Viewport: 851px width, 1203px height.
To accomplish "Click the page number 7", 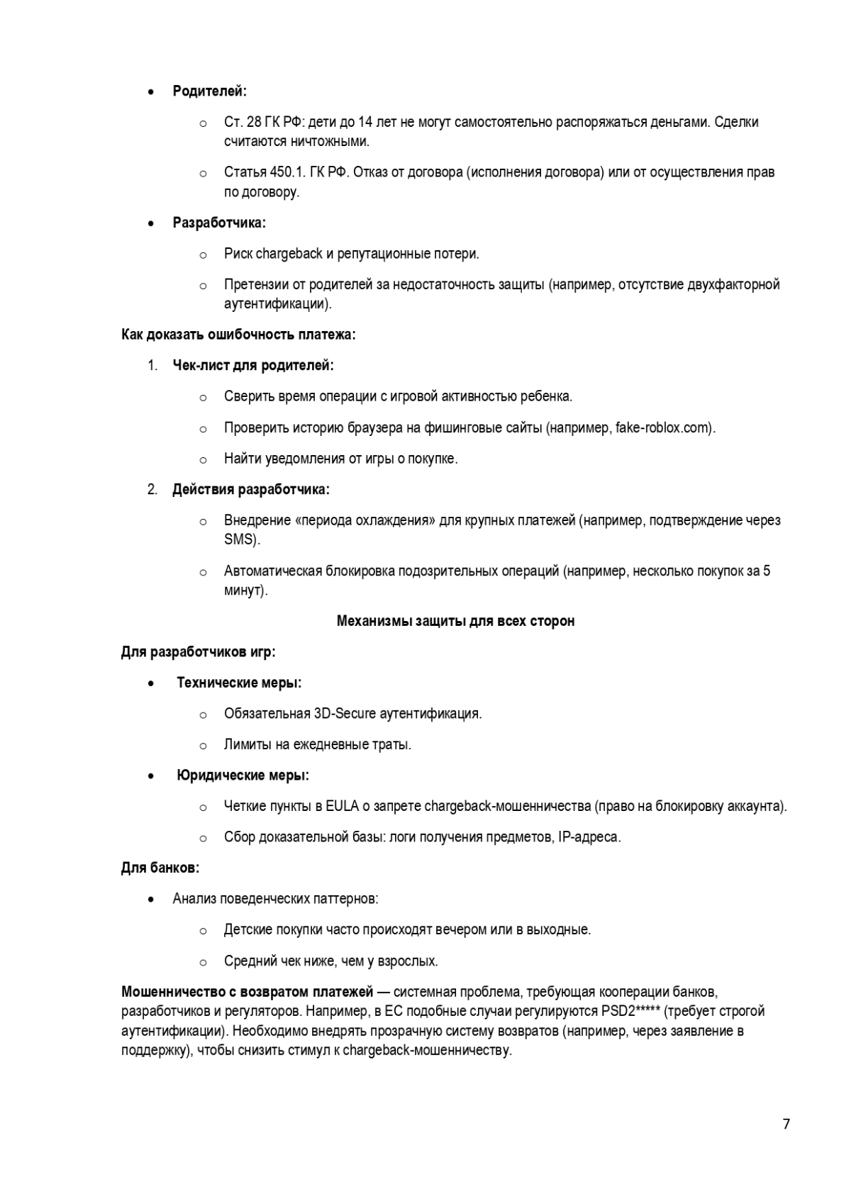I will (786, 1124).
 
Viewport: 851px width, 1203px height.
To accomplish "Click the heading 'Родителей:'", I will (209, 91).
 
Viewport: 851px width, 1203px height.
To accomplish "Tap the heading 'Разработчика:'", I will (219, 223).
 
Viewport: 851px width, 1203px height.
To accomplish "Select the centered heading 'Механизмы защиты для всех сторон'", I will (455, 622).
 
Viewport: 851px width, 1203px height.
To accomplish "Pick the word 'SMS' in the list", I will (241, 539).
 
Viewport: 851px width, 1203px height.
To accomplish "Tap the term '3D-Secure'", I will (345, 714).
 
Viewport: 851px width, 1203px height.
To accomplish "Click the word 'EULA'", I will (342, 807).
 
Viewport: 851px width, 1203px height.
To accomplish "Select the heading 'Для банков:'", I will (160, 868).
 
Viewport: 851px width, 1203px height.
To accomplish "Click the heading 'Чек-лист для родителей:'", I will (253, 366).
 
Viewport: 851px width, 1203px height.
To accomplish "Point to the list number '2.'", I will (152, 490).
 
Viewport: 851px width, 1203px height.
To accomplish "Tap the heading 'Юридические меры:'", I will (243, 776).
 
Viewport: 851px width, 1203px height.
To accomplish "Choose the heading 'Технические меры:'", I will (239, 683).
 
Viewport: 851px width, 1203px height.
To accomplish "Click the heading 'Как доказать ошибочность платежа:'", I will (238, 335).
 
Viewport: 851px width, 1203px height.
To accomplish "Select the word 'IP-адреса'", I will (589, 837).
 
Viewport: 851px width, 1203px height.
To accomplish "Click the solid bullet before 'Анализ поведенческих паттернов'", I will (152, 900).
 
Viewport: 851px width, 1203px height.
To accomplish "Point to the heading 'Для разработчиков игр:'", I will (199, 652).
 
